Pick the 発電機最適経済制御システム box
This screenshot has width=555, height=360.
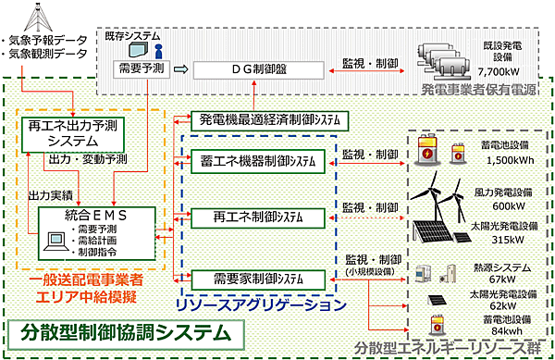tap(268, 120)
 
